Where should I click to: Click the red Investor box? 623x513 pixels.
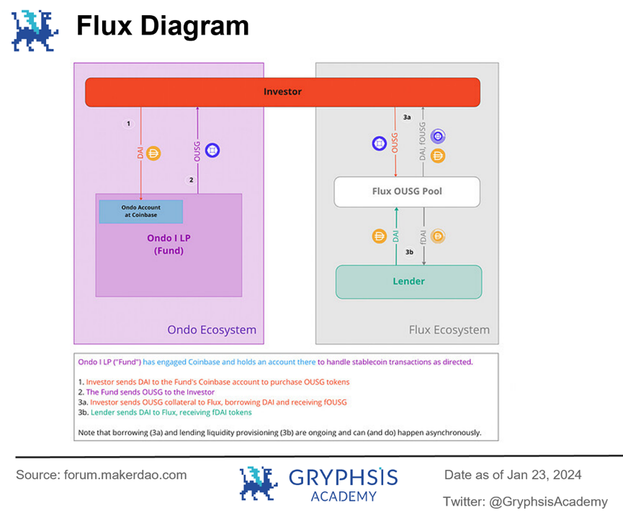click(x=282, y=92)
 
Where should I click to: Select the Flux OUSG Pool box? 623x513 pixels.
click(x=407, y=192)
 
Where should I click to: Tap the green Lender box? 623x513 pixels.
click(x=408, y=281)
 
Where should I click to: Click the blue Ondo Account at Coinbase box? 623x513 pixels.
click(x=140, y=211)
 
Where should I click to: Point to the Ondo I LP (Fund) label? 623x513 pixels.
click(x=169, y=244)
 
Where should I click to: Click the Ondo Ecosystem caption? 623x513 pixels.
click(x=211, y=330)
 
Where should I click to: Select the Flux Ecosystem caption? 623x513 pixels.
click(x=449, y=330)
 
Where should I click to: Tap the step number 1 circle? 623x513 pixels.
click(x=128, y=124)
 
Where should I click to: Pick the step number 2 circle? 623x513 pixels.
click(x=191, y=180)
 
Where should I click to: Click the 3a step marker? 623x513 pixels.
click(x=407, y=117)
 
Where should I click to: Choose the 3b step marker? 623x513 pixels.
click(x=409, y=253)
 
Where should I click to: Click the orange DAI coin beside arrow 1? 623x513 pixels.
click(x=153, y=153)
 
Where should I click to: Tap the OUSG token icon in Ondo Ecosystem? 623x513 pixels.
click(x=212, y=151)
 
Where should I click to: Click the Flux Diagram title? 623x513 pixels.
click(x=163, y=27)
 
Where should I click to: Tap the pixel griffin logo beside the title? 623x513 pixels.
click(x=35, y=30)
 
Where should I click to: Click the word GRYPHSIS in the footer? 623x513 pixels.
click(x=343, y=477)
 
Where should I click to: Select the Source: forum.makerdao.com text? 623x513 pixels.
click(x=102, y=475)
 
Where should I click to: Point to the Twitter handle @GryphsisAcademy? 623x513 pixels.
click(x=525, y=501)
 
